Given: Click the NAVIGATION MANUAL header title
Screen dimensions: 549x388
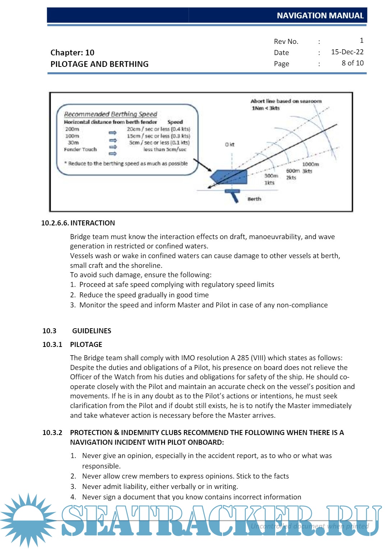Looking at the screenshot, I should pos(320,15).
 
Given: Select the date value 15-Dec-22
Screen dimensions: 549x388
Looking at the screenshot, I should pos(347,52).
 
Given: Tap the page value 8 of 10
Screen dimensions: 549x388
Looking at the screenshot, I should pos(352,63).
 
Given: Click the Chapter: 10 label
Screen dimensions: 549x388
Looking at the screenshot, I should pos(72,52).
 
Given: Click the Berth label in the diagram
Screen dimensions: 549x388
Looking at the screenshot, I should pos(254,199).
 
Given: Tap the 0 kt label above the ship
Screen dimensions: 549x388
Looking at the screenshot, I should pos(230,145).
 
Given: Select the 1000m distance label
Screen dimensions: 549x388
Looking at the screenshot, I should pos(310,164).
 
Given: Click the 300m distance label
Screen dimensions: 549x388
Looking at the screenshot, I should pos(271,176).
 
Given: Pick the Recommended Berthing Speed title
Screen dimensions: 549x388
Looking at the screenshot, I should pos(111,114).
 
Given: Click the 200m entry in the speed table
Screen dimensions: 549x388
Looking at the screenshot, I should pos(72,129).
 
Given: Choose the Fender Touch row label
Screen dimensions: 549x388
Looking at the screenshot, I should pos(80,150).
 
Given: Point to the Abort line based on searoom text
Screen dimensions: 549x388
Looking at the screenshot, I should pos(286,101).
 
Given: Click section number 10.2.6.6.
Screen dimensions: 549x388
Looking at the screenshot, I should pos(55,223).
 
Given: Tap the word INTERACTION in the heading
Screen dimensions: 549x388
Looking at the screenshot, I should pos(93,223).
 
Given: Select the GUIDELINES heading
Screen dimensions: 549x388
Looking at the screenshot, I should pos(92,331).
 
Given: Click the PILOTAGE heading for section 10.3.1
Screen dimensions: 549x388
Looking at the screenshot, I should pos(86,344).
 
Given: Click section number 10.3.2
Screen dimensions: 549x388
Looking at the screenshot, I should pos(52,433).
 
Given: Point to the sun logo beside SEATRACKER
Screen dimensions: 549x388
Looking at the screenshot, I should pos(28,520).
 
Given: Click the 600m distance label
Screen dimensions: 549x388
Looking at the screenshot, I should pos(293,171).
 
